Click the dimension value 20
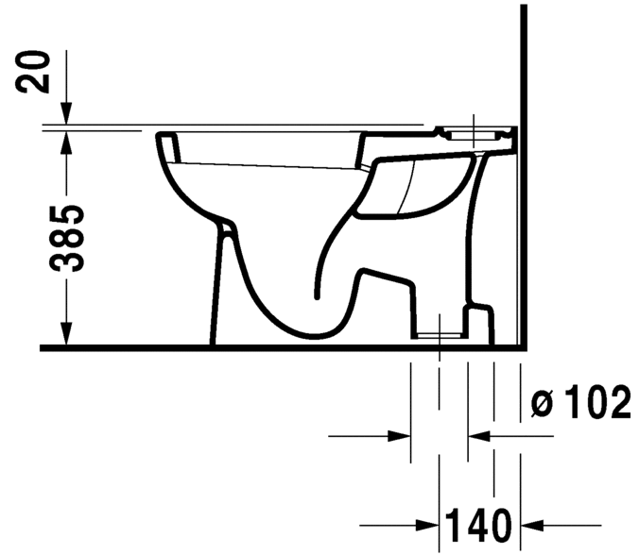click(37, 72)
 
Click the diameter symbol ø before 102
click(542, 406)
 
